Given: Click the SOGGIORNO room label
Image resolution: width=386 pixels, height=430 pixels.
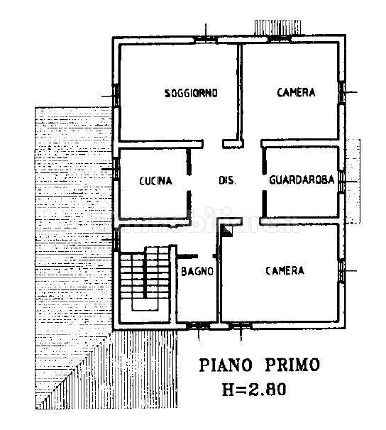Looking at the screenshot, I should pos(190,93).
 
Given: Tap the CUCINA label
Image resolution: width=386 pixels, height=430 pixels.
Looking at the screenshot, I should pos(155,181).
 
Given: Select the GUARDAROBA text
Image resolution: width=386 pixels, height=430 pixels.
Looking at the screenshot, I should pos(302,180).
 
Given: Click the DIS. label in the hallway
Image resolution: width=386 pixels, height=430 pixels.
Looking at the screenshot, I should pos(226,180).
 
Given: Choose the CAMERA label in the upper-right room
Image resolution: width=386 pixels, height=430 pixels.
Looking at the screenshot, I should pos(296,92).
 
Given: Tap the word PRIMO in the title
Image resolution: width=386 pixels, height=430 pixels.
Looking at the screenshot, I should pos(292,365).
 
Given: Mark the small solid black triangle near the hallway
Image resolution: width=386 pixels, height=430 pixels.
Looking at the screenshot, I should pos(227,231).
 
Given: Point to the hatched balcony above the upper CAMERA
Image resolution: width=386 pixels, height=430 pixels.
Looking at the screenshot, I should pos(278,26).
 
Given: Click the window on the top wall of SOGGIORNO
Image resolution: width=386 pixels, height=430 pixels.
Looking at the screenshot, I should pos(206,38).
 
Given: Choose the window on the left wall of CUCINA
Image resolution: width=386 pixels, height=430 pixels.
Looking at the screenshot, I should pos(115,170).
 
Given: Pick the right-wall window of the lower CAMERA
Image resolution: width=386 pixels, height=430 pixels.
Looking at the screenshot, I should pos(343,270).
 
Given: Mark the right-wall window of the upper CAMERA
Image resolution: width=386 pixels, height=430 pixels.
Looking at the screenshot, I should pos(343,92).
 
